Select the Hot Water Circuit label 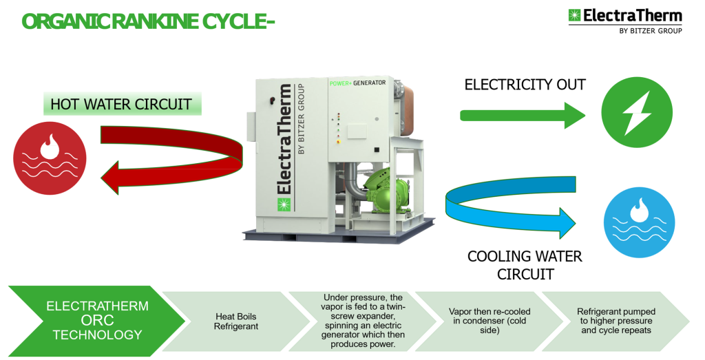point(121,105)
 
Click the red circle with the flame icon point(50,158)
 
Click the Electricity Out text point(525,85)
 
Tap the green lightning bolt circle point(637,112)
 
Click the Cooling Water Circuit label point(525,265)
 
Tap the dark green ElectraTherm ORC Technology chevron point(96,320)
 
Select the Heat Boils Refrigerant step point(235,321)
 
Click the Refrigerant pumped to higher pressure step point(614,321)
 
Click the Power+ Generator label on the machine point(358,83)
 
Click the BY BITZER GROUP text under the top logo point(651,31)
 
